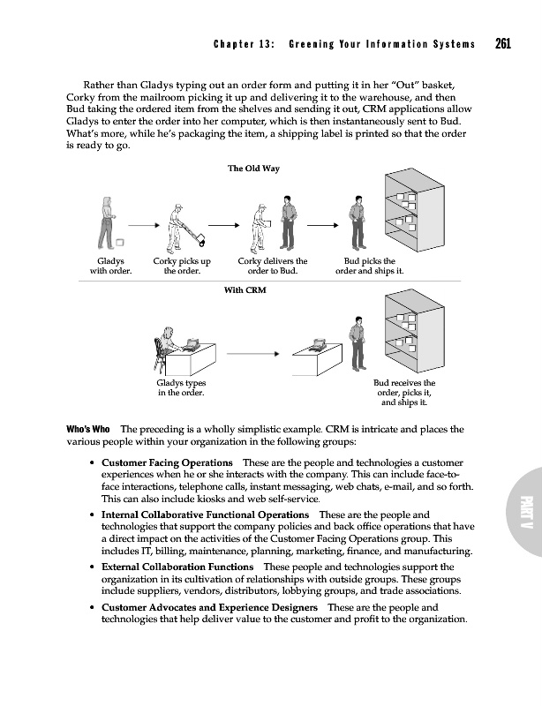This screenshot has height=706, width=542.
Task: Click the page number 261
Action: (x=504, y=43)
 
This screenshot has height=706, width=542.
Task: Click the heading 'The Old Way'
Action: (x=253, y=169)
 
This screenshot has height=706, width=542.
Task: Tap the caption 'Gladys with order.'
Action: (x=110, y=267)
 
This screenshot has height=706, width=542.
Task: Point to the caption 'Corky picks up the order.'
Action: (x=182, y=267)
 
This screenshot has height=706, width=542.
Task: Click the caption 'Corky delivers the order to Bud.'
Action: (x=274, y=267)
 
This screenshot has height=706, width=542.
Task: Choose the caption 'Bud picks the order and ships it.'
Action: (x=369, y=267)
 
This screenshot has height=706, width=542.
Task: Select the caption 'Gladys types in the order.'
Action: (x=181, y=388)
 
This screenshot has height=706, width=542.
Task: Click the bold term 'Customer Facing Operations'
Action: (x=168, y=463)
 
